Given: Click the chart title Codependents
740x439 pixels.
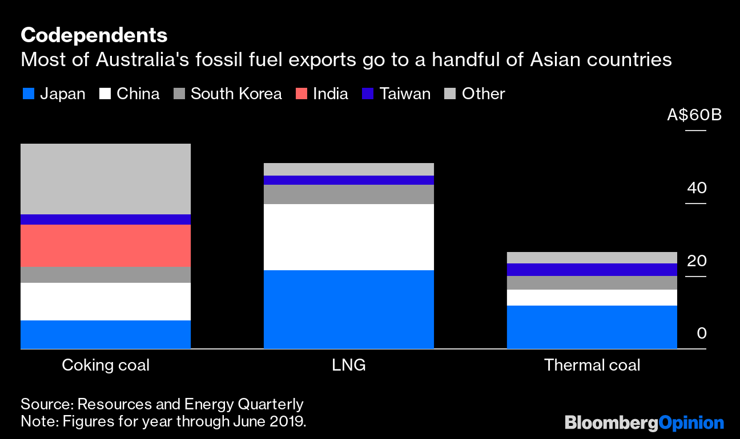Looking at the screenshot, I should coord(94,35).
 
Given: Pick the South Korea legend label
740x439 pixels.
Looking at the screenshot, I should coord(236,94).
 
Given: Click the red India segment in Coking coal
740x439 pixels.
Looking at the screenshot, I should coord(106,245).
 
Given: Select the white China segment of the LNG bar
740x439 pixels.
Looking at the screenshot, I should coord(349,237).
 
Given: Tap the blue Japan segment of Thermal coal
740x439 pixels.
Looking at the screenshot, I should coord(592,327).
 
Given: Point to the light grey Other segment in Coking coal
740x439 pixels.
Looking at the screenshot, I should coord(106,179).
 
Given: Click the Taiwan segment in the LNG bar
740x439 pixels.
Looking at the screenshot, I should coord(349,180).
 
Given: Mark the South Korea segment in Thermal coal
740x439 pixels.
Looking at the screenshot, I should coord(592,283).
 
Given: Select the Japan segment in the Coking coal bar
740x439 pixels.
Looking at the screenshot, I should coord(106,334).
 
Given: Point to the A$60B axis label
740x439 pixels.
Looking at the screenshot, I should coord(694,115).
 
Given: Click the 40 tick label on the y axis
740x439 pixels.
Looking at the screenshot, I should coord(697,188).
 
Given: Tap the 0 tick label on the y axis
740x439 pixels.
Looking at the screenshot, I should coord(702,333).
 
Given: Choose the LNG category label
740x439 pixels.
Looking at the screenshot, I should coord(349,365).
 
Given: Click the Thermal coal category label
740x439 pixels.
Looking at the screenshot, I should coord(592,365).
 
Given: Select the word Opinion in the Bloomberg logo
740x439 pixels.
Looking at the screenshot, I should coord(691,423).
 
